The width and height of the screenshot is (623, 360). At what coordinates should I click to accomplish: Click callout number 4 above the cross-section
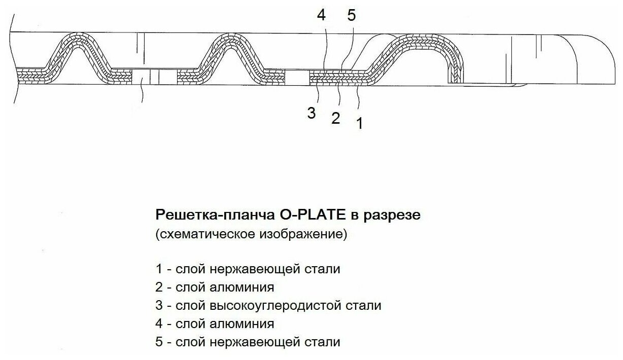point(321,15)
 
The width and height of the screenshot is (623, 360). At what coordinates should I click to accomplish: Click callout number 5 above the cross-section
point(352,15)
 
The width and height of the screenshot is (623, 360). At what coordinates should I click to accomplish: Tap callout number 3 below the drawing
point(311,113)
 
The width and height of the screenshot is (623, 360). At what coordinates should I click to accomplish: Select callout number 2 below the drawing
point(335,119)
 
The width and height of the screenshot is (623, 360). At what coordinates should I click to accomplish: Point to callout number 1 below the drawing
point(359,123)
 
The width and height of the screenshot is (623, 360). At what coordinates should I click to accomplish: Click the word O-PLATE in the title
point(313,215)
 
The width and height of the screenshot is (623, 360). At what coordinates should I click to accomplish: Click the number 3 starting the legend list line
point(159,306)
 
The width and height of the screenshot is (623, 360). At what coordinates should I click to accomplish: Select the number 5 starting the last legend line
point(159,342)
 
